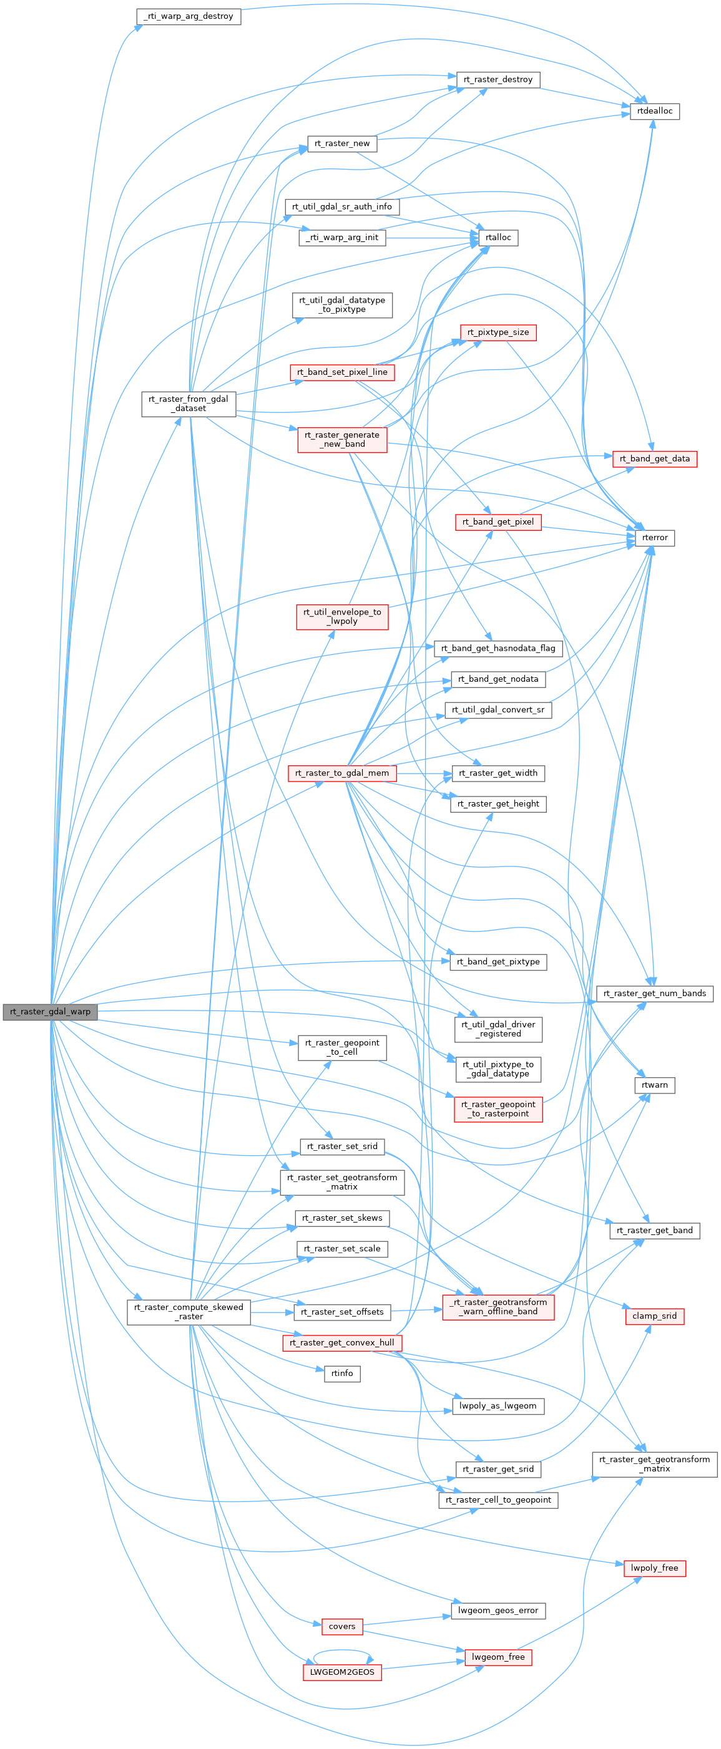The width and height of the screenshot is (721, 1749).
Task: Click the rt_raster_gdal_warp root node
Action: click(x=49, y=1012)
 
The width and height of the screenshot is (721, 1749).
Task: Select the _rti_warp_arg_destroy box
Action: click(x=189, y=16)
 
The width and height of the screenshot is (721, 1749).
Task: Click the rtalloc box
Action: click(x=498, y=238)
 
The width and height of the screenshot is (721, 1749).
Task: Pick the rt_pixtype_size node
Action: click(x=498, y=332)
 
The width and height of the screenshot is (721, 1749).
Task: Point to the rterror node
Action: click(x=654, y=538)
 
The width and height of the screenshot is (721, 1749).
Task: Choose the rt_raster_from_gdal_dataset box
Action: click(x=189, y=404)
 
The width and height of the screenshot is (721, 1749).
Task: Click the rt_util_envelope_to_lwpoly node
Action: click(x=342, y=616)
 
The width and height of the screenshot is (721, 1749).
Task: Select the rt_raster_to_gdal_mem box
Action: click(x=342, y=773)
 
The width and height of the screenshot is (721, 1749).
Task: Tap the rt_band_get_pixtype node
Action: click(x=498, y=961)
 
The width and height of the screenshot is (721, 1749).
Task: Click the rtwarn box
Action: click(x=654, y=1085)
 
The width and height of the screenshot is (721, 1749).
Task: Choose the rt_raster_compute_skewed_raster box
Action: click(x=189, y=1312)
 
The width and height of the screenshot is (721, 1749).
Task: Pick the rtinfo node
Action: click(x=342, y=1374)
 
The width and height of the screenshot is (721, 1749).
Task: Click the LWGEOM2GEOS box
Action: click(x=342, y=1672)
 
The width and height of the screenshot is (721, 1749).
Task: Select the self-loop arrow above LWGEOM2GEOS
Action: click(x=342, y=1650)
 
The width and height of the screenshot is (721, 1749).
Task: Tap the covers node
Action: click(x=342, y=1626)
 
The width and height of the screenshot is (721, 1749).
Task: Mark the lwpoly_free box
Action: click(x=654, y=1567)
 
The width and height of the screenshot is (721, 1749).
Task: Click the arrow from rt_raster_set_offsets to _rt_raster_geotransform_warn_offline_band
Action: click(x=416, y=1311)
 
